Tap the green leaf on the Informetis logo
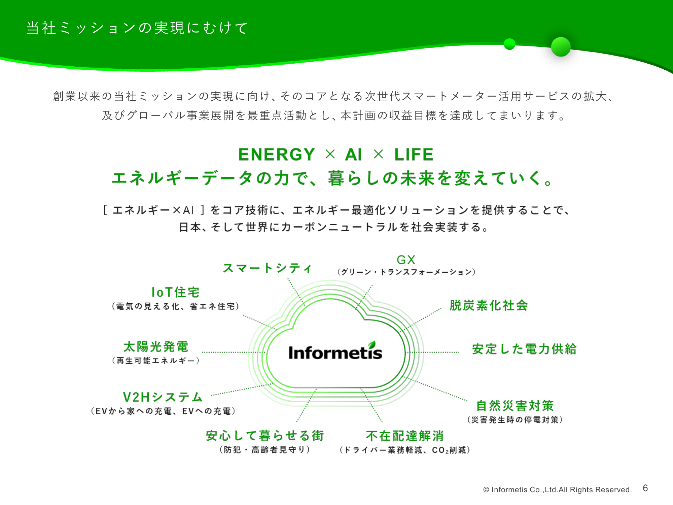[x=371, y=344]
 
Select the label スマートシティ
[x=268, y=268]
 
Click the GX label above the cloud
[x=406, y=260]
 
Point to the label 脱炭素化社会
[x=489, y=305]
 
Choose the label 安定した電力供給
[x=524, y=349]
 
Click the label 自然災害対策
[x=515, y=406]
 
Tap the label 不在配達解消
[x=405, y=436]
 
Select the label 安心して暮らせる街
[x=265, y=436]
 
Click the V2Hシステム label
[x=163, y=397]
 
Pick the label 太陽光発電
[x=156, y=347]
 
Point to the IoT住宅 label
[x=175, y=292]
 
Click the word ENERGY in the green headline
[x=277, y=155]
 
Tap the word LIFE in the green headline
[x=414, y=155]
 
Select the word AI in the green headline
[x=353, y=155]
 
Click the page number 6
[x=645, y=488]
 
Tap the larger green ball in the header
[x=561, y=46]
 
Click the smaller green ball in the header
[x=509, y=44]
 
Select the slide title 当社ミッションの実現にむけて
[x=137, y=28]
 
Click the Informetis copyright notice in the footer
[x=557, y=490]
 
